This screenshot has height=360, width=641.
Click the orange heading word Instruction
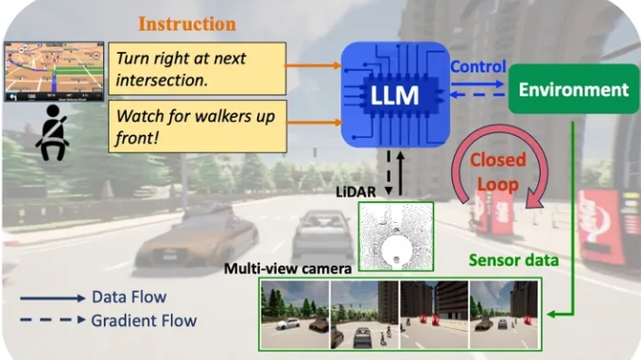click(187, 24)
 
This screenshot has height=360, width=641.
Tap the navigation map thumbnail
click(54, 71)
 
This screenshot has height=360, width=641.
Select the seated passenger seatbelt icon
click(53, 132)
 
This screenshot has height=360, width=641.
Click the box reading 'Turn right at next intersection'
click(197, 69)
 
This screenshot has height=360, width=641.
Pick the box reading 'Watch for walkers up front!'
click(198, 127)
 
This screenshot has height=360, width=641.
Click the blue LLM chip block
click(395, 94)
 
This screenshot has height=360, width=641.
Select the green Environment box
click(574, 89)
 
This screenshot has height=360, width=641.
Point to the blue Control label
click(477, 66)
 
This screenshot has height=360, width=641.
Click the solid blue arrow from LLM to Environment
click(477, 84)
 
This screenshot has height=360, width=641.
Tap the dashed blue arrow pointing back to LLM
click(477, 95)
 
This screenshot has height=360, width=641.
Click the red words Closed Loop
click(498, 172)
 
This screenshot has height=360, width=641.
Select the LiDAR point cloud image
click(396, 236)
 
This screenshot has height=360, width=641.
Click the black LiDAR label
click(355, 192)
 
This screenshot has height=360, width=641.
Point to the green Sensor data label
click(513, 260)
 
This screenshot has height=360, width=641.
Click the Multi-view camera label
click(287, 268)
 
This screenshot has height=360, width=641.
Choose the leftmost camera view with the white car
click(295, 315)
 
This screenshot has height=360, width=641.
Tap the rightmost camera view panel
click(504, 315)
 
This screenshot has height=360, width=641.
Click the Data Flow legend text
click(130, 297)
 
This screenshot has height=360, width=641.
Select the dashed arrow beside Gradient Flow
click(53, 319)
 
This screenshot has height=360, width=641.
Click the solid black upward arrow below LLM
click(400, 173)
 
